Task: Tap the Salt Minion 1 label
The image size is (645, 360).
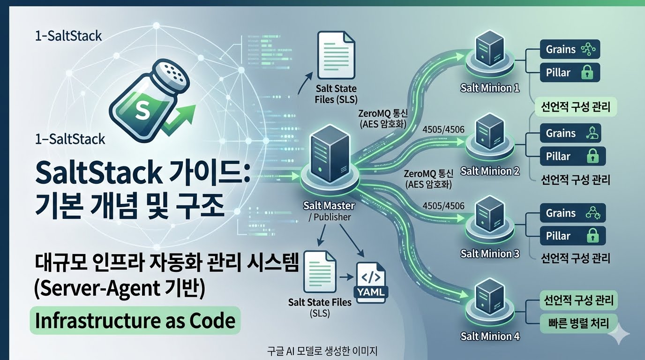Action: (x=490, y=88)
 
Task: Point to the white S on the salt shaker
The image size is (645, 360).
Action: (x=142, y=111)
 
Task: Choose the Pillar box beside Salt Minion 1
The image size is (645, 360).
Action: (x=570, y=73)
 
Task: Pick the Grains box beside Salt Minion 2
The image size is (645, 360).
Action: (x=570, y=133)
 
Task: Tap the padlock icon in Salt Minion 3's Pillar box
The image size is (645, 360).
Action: (x=592, y=236)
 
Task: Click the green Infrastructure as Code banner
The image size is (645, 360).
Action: (x=135, y=321)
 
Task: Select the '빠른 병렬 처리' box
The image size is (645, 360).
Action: (x=578, y=323)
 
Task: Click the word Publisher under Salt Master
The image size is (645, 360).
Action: (x=332, y=217)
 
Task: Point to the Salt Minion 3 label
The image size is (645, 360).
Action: (x=490, y=254)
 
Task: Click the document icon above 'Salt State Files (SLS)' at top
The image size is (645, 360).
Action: (x=336, y=55)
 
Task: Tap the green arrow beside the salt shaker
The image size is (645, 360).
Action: (x=179, y=120)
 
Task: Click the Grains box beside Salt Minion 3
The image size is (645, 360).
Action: (x=573, y=213)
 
